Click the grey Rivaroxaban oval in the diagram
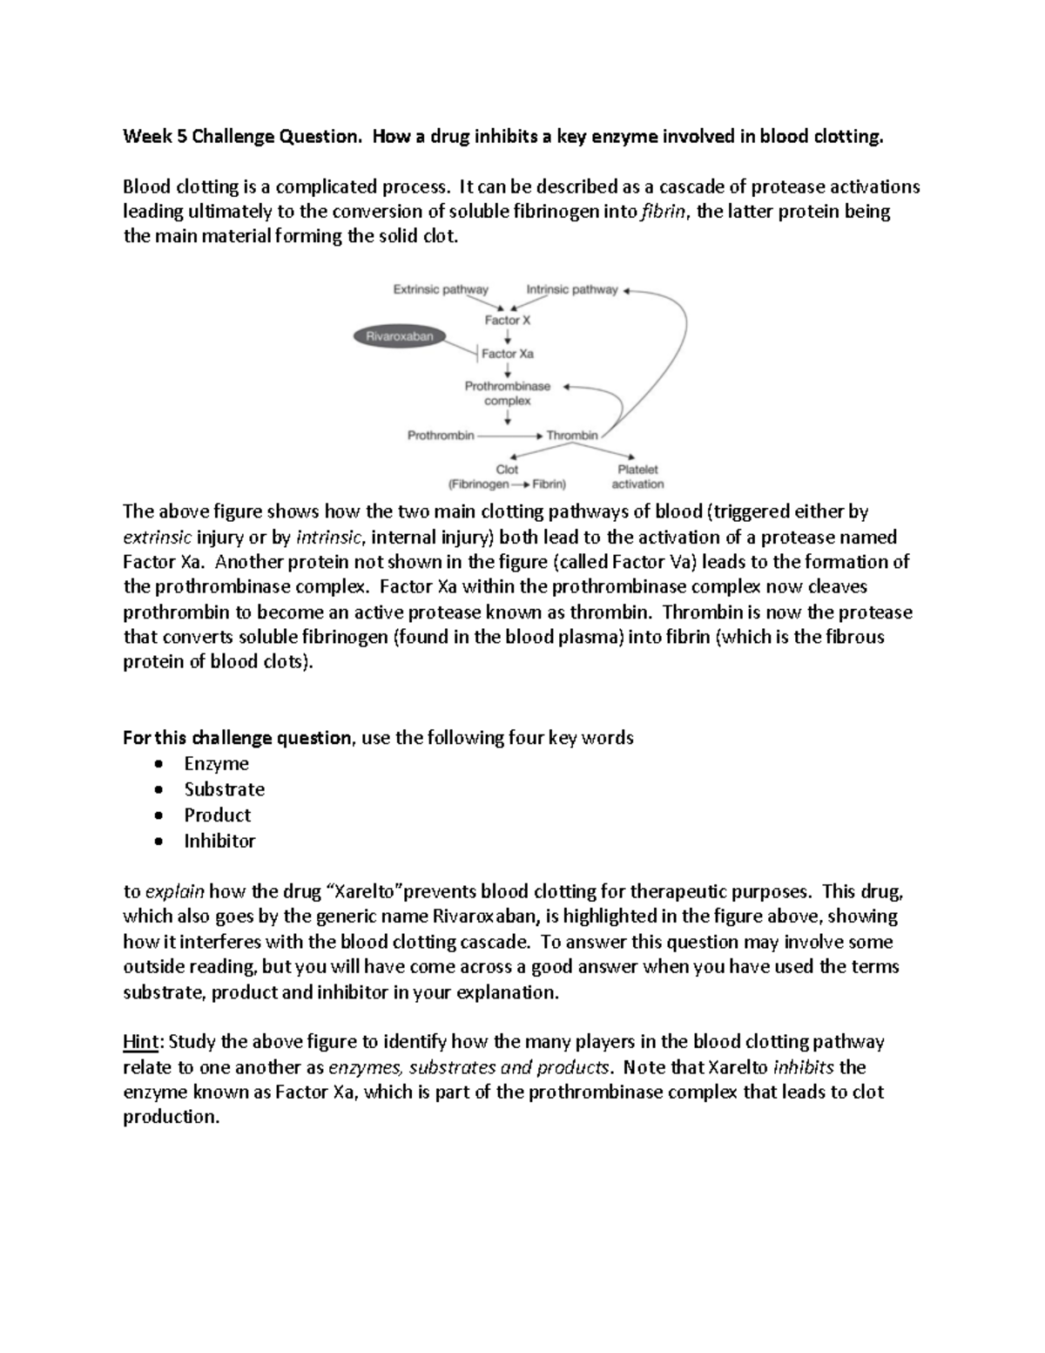400,336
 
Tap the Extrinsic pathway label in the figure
441,289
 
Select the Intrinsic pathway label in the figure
572,289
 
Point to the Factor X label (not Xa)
508,320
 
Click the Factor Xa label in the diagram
508,354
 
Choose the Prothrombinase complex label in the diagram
508,393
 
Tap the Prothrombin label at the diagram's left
441,435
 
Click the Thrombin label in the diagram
572,435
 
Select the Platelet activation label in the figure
637,477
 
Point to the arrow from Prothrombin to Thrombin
509,435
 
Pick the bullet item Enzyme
216,764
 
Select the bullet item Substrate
224,789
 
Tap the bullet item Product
217,815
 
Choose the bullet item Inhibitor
219,842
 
